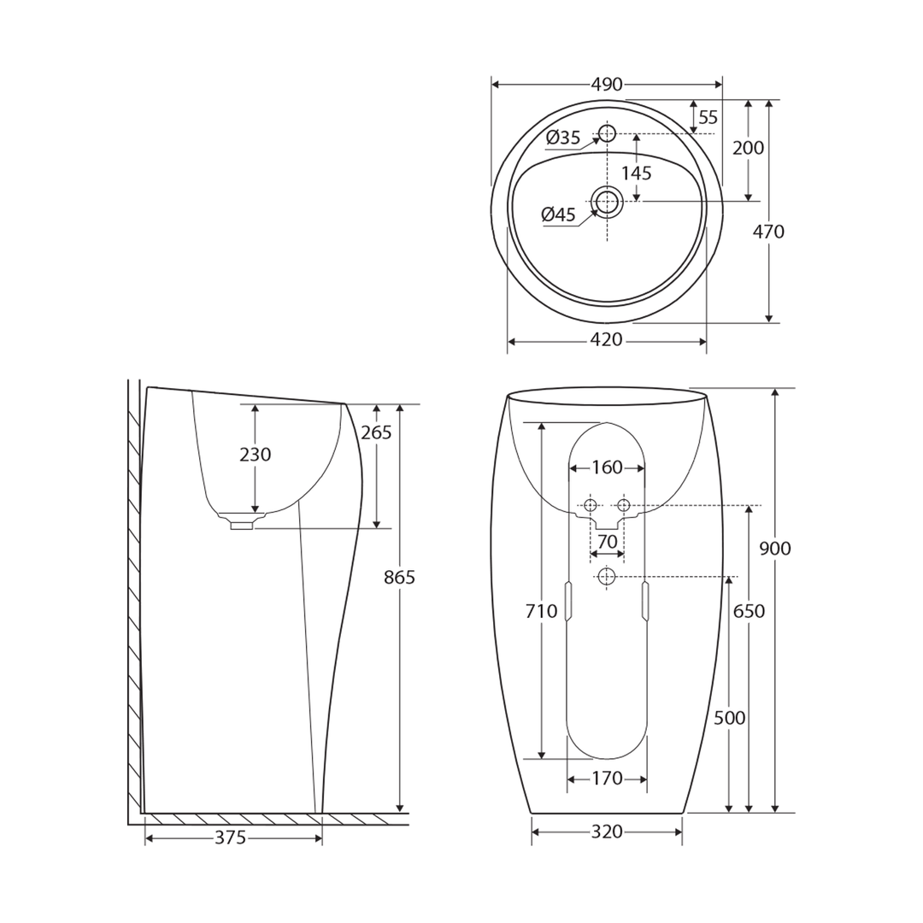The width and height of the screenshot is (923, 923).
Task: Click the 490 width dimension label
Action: pos(607,85)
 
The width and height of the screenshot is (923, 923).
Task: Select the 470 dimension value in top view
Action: pos(768,232)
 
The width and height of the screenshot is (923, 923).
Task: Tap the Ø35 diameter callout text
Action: pos(563,138)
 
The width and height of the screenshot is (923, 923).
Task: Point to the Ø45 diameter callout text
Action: pos(559,215)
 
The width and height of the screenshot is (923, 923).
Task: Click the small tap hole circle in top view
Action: pos(607,133)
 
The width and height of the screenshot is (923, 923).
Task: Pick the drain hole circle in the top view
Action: pos(607,202)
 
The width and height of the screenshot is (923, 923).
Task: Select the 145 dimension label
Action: pos(636,173)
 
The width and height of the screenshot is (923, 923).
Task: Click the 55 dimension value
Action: pos(708,118)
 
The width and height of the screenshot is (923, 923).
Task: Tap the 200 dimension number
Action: pos(749,148)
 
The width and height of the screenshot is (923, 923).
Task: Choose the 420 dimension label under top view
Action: pos(607,340)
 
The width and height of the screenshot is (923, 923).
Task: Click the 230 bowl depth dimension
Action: pos(255,455)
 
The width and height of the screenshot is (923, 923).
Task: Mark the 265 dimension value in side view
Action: pos(376,432)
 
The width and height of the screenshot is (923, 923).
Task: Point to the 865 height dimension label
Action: pos(399,578)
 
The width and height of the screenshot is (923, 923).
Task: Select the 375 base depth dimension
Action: pos(231,838)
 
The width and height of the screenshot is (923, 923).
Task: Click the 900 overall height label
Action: pos(775,549)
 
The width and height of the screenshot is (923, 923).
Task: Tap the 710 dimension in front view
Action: pos(542,611)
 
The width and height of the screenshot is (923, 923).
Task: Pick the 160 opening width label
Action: pos(607,467)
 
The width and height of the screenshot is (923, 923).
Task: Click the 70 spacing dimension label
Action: pos(607,542)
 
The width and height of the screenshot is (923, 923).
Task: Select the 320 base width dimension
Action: pos(607,832)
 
